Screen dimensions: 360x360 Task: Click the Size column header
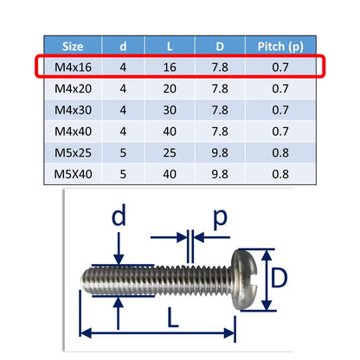tap(73, 47)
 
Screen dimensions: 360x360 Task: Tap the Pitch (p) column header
tap(280, 47)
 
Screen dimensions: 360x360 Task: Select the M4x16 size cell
tap(73, 67)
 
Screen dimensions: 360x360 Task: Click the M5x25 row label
tap(73, 152)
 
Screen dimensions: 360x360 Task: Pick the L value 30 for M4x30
tap(170, 110)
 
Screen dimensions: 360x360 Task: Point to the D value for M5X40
tap(220, 174)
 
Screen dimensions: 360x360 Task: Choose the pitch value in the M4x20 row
tap(280, 88)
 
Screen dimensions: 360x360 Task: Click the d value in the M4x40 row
tap(123, 132)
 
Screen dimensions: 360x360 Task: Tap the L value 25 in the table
tap(170, 152)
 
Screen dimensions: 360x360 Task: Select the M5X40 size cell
tap(73, 174)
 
